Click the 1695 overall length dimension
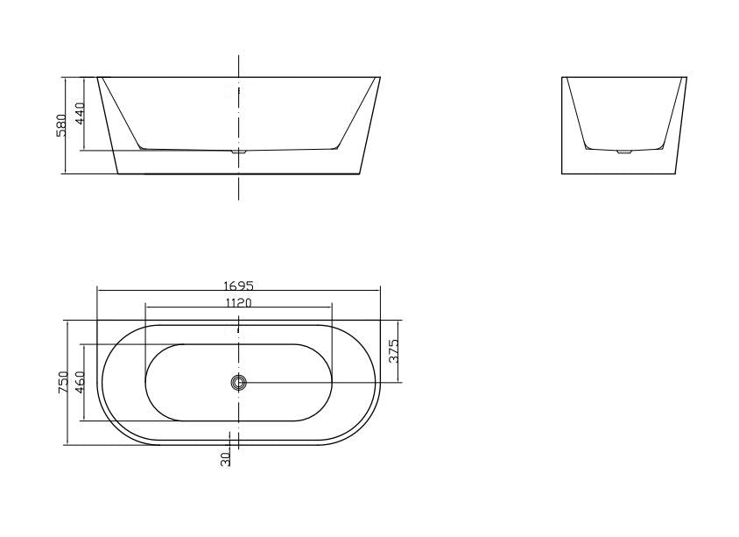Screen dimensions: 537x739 click(238, 285)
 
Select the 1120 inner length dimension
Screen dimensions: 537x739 click(238, 302)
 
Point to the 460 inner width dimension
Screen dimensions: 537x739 click(80, 383)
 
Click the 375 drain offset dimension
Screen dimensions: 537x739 click(394, 350)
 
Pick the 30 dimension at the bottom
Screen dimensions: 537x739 click(226, 457)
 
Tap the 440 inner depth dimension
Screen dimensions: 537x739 click(79, 113)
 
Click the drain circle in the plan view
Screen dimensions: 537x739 click(238, 382)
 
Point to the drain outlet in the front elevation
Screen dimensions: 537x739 click(238, 152)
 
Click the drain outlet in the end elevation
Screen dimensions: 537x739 click(623, 152)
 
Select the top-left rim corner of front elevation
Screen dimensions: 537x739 click(97, 77)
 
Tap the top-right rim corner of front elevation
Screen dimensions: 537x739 click(380, 77)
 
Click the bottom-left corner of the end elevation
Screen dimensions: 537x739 click(562, 173)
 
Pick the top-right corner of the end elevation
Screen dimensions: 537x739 click(686, 77)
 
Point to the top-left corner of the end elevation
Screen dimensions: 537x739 click(562, 77)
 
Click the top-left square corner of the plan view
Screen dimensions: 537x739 click(97, 320)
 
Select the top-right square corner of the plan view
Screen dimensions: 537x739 click(380, 320)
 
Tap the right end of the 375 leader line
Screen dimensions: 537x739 click(399, 382)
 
